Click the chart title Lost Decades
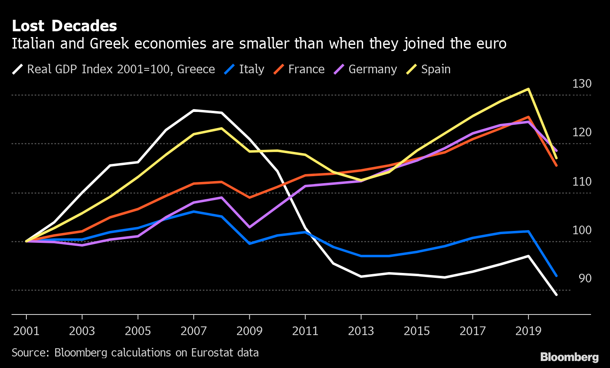click(64, 26)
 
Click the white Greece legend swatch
click(18, 69)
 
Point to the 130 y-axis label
click(582, 84)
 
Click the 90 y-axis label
click(585, 279)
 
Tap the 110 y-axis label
click(582, 182)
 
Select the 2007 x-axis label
click(193, 331)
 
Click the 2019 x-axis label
click(528, 331)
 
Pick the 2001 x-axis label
click(26, 331)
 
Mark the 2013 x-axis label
click(361, 331)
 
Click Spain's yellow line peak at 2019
click(528, 89)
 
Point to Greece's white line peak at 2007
click(194, 110)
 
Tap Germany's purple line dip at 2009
click(249, 227)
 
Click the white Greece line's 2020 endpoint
click(556, 295)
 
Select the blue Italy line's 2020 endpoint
click(556, 276)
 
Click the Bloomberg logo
click(569, 357)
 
